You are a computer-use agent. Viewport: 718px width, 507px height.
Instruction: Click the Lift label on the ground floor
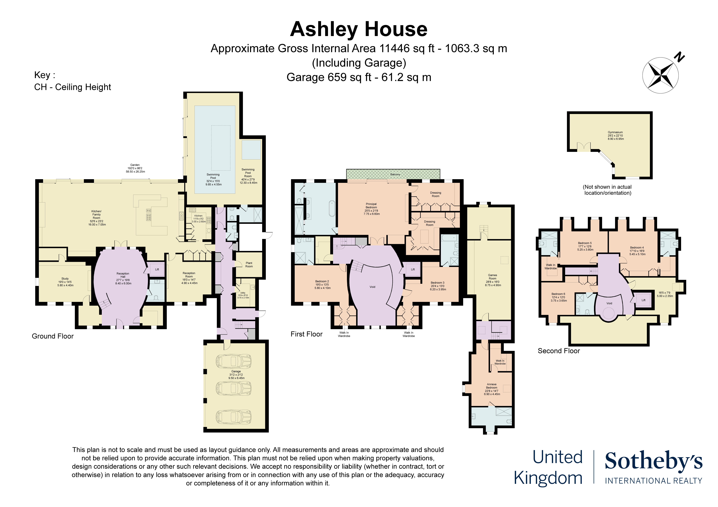point(157,269)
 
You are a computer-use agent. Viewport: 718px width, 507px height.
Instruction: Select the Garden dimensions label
point(135,168)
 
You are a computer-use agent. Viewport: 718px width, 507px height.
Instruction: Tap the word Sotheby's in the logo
point(654,461)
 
